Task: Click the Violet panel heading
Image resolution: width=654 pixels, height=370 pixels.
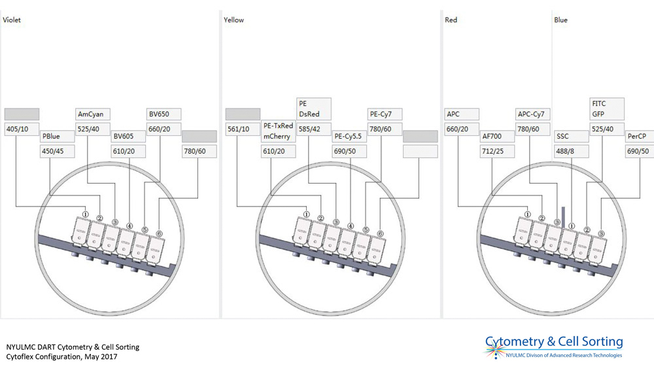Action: (12, 20)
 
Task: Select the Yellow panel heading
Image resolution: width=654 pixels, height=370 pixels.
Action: (233, 20)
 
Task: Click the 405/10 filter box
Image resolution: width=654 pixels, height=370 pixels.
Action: (22, 129)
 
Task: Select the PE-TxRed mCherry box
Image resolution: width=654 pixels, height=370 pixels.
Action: (278, 131)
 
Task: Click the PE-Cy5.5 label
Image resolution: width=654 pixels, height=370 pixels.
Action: (349, 137)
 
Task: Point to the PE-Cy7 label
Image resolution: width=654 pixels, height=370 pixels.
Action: (384, 114)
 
